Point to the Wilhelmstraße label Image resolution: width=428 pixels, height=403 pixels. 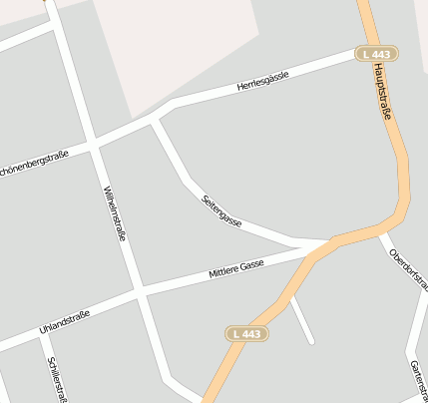pyautogui.click(x=114, y=214)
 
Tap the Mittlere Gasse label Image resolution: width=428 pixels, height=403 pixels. pyautogui.click(x=235, y=266)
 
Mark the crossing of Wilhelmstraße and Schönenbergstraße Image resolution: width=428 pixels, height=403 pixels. pyautogui.click(x=94, y=146)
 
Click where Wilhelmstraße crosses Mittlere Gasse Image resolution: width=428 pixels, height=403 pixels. pyautogui.click(x=140, y=291)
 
